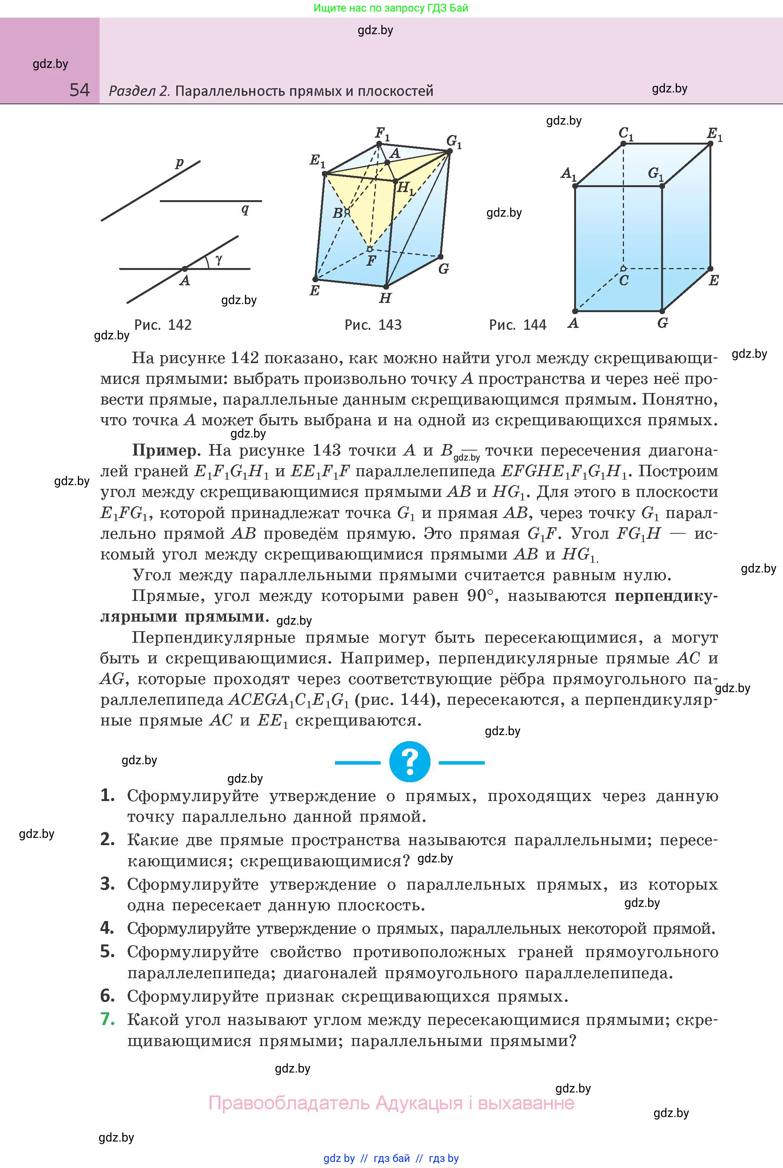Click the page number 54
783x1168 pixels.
(79, 90)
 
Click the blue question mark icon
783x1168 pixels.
(409, 762)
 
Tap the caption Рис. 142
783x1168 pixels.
(163, 325)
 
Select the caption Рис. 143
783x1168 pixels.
(373, 325)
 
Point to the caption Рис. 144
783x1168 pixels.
(518, 325)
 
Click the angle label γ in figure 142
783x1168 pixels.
(219, 259)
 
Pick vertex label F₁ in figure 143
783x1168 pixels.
(382, 133)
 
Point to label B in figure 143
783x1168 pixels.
(338, 213)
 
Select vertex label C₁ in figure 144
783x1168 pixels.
(626, 133)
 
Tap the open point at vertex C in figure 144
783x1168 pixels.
(623, 269)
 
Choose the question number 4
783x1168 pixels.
(107, 928)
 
